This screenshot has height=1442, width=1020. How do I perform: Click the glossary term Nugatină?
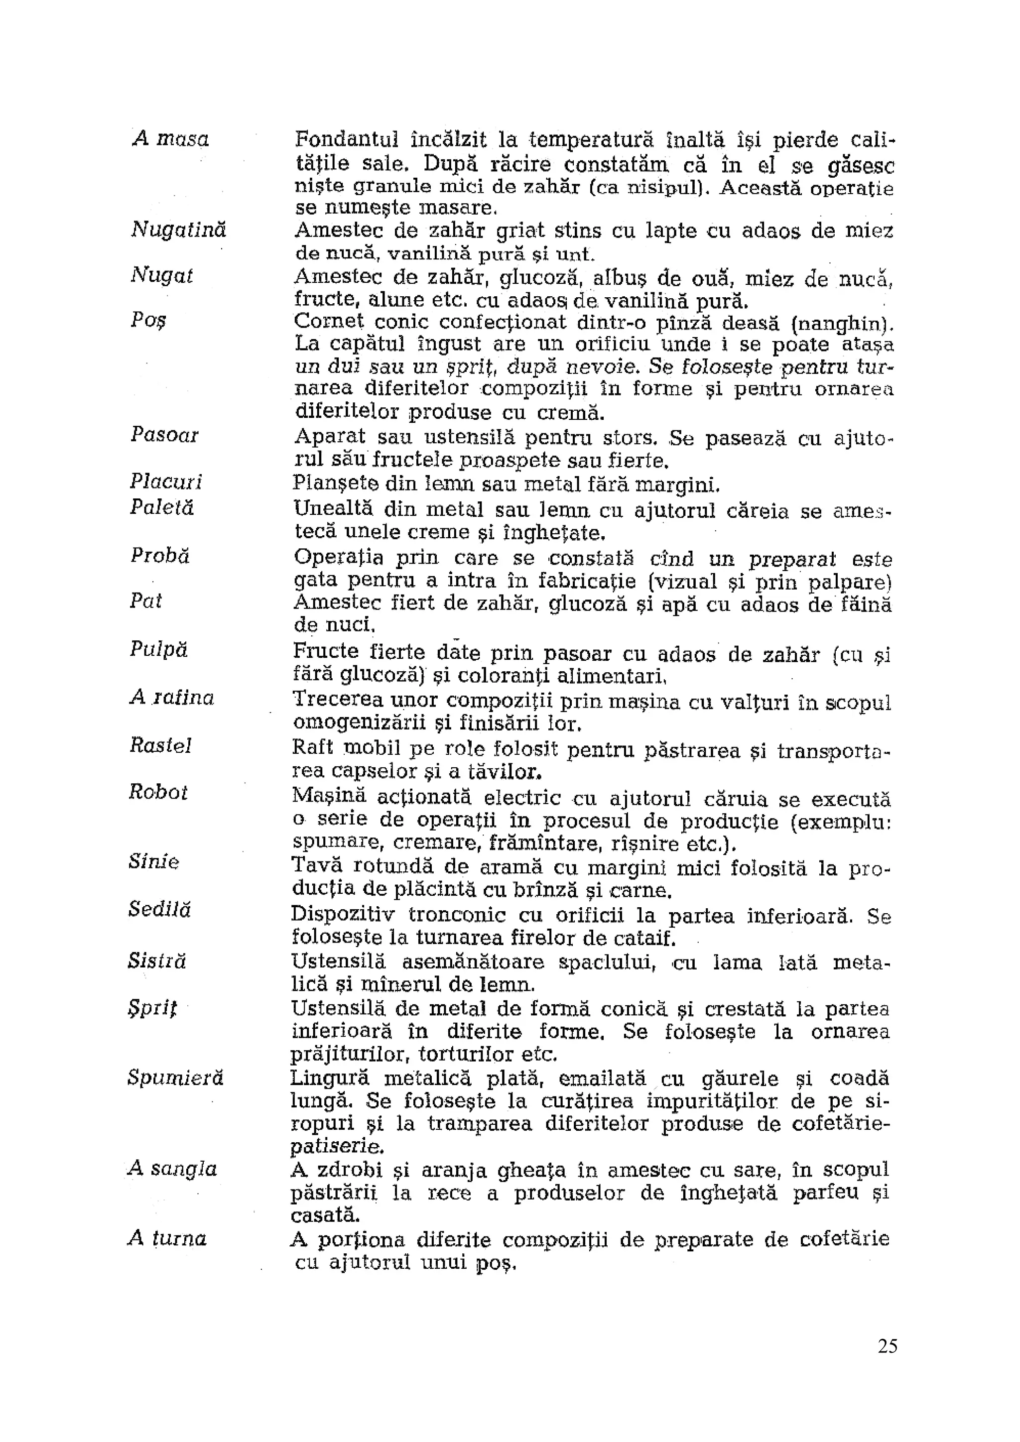(178, 230)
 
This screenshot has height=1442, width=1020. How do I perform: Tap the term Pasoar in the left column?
(164, 435)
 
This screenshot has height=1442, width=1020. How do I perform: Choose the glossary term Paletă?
(161, 507)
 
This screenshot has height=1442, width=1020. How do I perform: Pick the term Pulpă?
(158, 649)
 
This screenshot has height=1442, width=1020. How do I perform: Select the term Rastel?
(160, 745)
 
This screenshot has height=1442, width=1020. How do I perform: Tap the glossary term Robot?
(158, 792)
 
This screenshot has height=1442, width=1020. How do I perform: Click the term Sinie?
(154, 862)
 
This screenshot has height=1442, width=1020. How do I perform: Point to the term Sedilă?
(159, 909)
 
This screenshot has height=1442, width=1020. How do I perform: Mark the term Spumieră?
(175, 1078)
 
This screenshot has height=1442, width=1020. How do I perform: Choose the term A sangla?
(172, 1169)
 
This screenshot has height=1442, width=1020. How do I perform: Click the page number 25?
(888, 1346)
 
